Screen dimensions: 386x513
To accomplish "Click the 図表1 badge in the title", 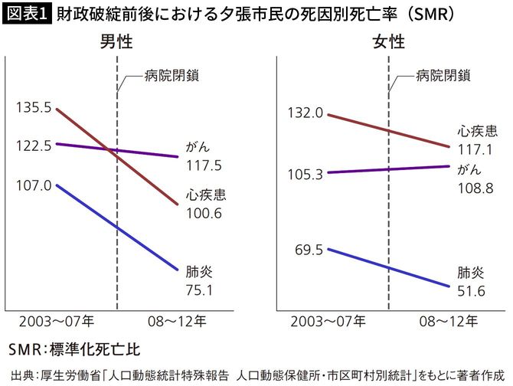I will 25,14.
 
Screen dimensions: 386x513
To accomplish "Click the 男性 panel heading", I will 116,43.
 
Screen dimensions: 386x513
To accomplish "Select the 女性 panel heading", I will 388,43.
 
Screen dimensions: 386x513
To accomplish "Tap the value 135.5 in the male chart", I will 33,109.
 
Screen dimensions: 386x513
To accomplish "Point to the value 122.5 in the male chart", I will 33,144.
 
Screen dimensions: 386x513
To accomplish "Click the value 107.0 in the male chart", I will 33,185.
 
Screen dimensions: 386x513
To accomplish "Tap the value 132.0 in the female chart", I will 305,113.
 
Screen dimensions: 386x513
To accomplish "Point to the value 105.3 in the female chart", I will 305,174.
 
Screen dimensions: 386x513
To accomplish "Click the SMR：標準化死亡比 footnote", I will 74,350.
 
